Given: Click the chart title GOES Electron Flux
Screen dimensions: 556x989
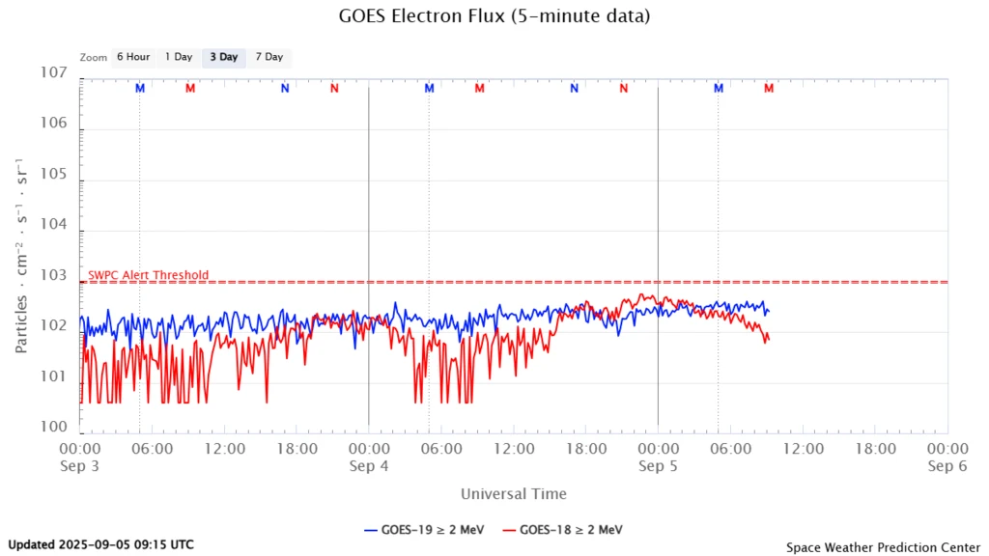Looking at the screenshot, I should tap(494, 16).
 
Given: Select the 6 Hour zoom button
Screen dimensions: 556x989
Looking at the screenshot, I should tap(133, 57).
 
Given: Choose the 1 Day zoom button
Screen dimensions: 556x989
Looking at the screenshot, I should tap(179, 57).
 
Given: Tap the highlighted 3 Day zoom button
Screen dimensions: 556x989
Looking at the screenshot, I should tap(224, 57).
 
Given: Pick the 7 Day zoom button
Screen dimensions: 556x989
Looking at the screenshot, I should tap(269, 57).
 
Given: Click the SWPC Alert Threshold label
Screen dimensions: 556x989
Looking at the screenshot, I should tap(148, 275).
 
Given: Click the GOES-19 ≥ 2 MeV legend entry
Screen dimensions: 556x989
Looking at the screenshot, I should tap(425, 529).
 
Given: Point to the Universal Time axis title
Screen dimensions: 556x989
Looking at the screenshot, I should tap(513, 494).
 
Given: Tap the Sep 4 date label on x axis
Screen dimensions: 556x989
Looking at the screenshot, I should tap(369, 466).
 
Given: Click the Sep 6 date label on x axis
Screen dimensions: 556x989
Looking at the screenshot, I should tap(947, 466).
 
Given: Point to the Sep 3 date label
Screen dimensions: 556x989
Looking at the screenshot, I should tap(79, 466).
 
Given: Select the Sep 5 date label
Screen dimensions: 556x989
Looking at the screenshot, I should tap(658, 466).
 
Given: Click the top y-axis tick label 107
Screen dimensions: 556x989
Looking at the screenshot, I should tap(53, 73).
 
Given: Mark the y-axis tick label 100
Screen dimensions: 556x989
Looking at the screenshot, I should tap(53, 428).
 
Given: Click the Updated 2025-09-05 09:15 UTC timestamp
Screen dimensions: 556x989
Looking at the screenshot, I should tap(100, 544).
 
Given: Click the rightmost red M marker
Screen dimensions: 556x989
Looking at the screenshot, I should tap(769, 89).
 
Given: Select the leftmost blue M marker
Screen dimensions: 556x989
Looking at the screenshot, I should tap(140, 89).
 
